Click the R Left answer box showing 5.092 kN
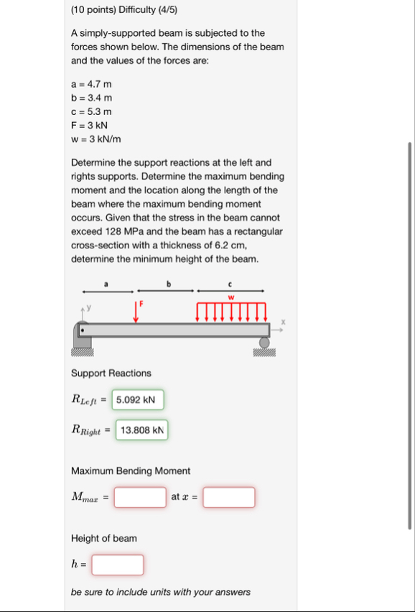[x=138, y=399]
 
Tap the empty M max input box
[x=140, y=497]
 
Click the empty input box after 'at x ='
[x=229, y=497]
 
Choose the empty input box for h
[x=118, y=565]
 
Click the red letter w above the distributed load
[x=231, y=297]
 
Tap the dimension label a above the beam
[x=107, y=284]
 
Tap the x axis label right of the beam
[x=283, y=323]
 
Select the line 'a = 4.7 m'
[x=91, y=84]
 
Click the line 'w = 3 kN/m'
[x=96, y=139]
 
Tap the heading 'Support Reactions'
[x=111, y=373]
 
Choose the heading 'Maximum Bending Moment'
[x=131, y=470]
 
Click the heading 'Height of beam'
[x=104, y=538]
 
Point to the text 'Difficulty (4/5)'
[x=144, y=10]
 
